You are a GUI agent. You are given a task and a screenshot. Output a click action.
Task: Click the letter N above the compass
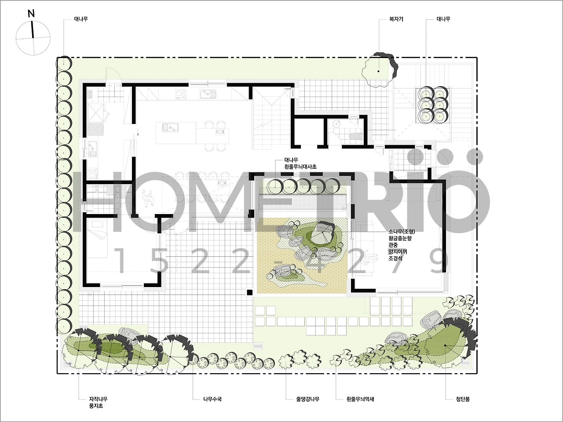click(31, 14)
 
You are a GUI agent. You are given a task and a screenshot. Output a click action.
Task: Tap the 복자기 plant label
click(396, 19)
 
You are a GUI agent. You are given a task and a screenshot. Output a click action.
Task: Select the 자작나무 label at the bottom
click(98, 399)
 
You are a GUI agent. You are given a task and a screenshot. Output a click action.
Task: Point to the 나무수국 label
click(212, 399)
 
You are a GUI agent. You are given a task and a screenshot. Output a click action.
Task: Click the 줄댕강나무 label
click(307, 399)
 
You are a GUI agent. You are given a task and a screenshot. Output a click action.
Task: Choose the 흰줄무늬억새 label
click(360, 399)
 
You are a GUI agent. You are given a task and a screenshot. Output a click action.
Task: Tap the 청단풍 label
click(463, 399)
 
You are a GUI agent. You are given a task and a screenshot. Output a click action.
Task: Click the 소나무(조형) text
click(402, 232)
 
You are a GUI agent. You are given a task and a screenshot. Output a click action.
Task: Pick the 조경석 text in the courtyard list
click(395, 258)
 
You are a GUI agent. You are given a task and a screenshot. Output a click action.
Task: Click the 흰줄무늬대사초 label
click(300, 167)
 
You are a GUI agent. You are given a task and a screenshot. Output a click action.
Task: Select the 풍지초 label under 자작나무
click(96, 406)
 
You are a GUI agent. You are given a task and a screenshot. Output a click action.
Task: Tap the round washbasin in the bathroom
click(336, 124)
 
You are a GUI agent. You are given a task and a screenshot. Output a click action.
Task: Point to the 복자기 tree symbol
click(379, 70)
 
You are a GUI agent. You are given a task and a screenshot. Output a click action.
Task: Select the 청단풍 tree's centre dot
click(445, 346)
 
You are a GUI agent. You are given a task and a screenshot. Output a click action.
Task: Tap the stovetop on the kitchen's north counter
click(181, 94)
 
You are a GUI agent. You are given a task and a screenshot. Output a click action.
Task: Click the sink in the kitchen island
click(170, 127)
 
